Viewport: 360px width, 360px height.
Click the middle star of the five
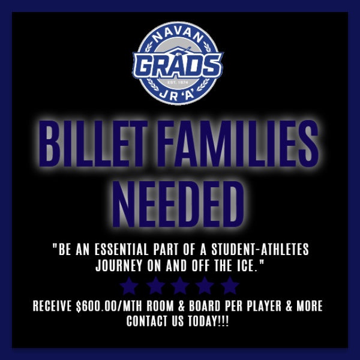tap(179, 285)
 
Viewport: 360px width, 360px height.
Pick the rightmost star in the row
tap(230, 285)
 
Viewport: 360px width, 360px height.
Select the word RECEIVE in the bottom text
tap(53, 307)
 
